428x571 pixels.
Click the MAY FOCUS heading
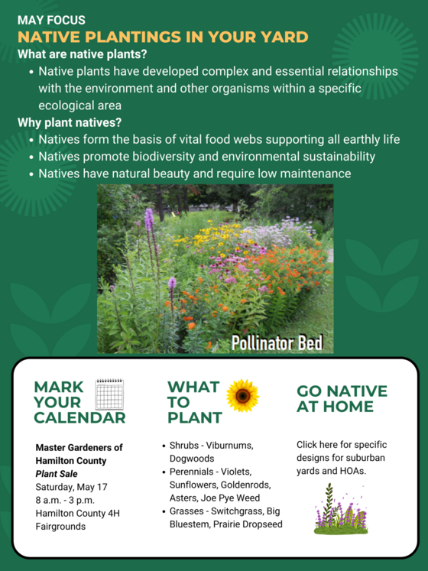click(x=51, y=20)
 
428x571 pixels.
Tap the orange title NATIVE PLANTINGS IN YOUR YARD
click(x=163, y=37)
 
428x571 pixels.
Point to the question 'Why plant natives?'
click(x=70, y=122)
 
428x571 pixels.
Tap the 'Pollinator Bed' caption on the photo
click(x=277, y=342)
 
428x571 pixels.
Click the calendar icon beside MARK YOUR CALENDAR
click(x=109, y=394)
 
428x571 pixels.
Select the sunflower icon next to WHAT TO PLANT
click(x=243, y=395)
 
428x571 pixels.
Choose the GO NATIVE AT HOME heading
click(x=342, y=399)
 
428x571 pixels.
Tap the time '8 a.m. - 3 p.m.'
click(x=66, y=500)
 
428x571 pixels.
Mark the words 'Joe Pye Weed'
click(x=242, y=498)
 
